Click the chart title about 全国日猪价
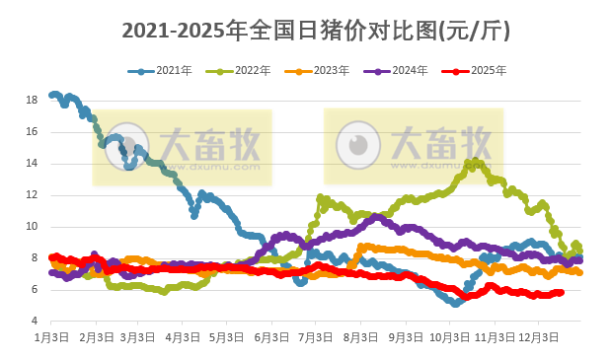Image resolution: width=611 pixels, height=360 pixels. (x=315, y=31)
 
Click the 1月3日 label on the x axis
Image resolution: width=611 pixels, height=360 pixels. (x=51, y=337)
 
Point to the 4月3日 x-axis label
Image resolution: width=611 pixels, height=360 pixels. (x=182, y=337)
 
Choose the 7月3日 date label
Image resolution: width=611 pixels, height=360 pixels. (x=315, y=337)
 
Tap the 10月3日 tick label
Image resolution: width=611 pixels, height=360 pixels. (x=448, y=337)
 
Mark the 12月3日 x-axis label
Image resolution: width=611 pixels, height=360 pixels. (x=538, y=337)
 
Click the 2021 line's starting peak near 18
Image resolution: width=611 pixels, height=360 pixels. (x=55, y=95)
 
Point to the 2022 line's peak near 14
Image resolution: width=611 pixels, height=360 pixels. (x=475, y=162)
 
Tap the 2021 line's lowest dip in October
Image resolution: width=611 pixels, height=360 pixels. (x=455, y=303)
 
